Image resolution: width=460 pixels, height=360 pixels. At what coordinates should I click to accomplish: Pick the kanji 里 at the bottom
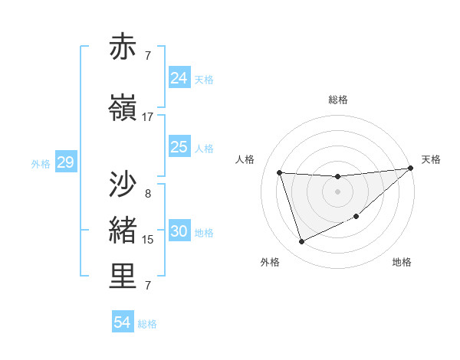tap(123, 277)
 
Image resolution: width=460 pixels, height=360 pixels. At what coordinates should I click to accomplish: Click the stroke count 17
tap(147, 117)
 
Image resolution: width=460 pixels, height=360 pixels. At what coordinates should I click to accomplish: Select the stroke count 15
tap(148, 240)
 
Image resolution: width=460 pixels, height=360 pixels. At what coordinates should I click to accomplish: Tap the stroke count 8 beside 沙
tap(148, 194)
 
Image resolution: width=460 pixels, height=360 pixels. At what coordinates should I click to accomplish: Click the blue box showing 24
tap(179, 77)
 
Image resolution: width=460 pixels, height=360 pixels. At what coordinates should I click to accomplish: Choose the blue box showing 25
tap(179, 146)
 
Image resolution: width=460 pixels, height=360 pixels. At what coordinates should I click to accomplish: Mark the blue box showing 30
tap(179, 231)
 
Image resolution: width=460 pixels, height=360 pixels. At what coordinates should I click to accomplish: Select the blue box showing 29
tap(65, 162)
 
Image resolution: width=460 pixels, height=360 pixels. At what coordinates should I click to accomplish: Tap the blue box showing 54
tap(122, 322)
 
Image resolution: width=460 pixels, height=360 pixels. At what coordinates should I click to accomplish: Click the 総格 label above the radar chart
tap(338, 100)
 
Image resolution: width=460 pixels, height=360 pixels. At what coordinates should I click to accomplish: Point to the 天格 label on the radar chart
tap(431, 159)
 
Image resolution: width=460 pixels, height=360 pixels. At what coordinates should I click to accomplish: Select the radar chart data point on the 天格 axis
tap(411, 169)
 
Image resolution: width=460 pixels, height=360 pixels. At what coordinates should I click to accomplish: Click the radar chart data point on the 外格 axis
tap(301, 242)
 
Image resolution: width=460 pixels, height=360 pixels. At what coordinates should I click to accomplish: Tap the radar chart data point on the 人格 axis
tap(280, 173)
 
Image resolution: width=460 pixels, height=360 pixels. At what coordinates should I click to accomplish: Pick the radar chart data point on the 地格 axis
tap(356, 217)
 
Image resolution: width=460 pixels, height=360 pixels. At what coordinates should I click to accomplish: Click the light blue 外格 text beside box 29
tap(40, 163)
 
